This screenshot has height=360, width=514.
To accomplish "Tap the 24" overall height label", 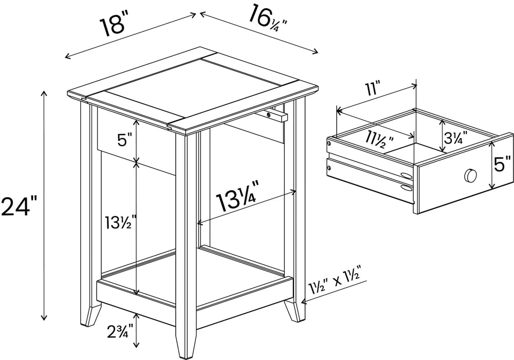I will pyautogui.click(x=20, y=206).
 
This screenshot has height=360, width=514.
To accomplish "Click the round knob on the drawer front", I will pyautogui.click(x=469, y=176).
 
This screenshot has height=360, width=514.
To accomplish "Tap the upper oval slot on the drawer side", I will pyautogui.click(x=406, y=175).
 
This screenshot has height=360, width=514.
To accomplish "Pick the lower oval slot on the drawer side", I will pyautogui.click(x=406, y=187).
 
